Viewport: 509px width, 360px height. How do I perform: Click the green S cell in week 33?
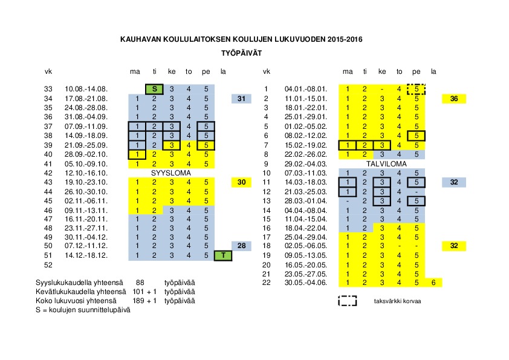click(x=154, y=89)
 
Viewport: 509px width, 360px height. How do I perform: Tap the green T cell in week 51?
click(x=223, y=255)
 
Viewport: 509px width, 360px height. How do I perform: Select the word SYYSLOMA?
click(x=171, y=172)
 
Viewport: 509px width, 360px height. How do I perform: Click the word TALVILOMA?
click(x=386, y=163)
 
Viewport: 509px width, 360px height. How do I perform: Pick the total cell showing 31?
click(x=241, y=99)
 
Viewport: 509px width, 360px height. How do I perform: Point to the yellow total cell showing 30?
click(x=241, y=182)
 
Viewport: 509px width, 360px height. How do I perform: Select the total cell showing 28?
click(x=241, y=246)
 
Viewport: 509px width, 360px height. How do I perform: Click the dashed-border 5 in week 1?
click(x=417, y=89)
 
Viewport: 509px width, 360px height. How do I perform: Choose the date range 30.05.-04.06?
click(x=305, y=283)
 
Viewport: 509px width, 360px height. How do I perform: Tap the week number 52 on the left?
click(x=48, y=264)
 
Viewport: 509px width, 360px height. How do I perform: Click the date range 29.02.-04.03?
click(x=305, y=163)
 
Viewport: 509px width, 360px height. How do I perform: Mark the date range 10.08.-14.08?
click(x=86, y=89)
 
